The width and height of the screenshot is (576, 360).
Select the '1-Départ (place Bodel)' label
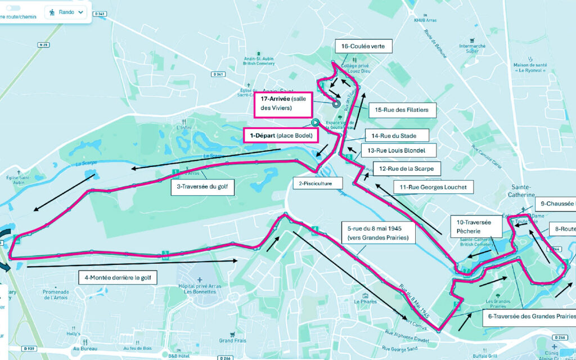280,135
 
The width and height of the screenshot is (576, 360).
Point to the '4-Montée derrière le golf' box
117,277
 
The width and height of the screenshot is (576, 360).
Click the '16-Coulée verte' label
363,46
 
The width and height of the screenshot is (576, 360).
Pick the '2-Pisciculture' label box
316,183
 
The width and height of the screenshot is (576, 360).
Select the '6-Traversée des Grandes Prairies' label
529,316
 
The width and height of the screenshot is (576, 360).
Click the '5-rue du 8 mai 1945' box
379,233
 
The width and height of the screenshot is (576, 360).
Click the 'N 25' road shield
43,44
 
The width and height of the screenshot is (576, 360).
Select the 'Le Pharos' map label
365,301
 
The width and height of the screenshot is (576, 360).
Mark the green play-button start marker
315,121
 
